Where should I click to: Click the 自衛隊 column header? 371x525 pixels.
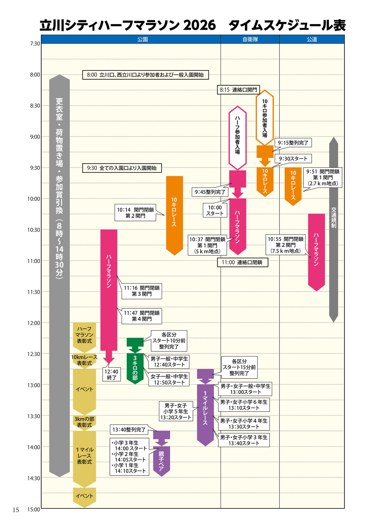250,39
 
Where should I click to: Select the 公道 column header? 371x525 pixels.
312,39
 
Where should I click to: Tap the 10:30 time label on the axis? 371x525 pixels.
34,230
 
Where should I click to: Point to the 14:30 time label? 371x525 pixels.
34,478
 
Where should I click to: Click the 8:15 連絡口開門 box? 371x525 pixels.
238,90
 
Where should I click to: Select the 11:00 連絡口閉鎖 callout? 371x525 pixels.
243,262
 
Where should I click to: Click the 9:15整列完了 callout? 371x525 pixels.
293,143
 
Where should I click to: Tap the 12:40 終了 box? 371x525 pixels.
111,374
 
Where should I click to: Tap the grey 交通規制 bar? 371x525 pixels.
334,230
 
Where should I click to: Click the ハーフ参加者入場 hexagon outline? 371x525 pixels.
237,138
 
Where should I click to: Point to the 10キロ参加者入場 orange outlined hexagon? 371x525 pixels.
265,118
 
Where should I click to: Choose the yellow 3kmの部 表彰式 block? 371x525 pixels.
84,422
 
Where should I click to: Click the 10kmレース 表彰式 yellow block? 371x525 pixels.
84,360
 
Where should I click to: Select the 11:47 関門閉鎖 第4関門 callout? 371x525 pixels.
142,316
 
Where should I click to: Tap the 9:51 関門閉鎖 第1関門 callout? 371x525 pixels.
323,177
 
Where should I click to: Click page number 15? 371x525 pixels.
16,510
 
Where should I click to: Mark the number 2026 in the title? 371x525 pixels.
199,25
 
